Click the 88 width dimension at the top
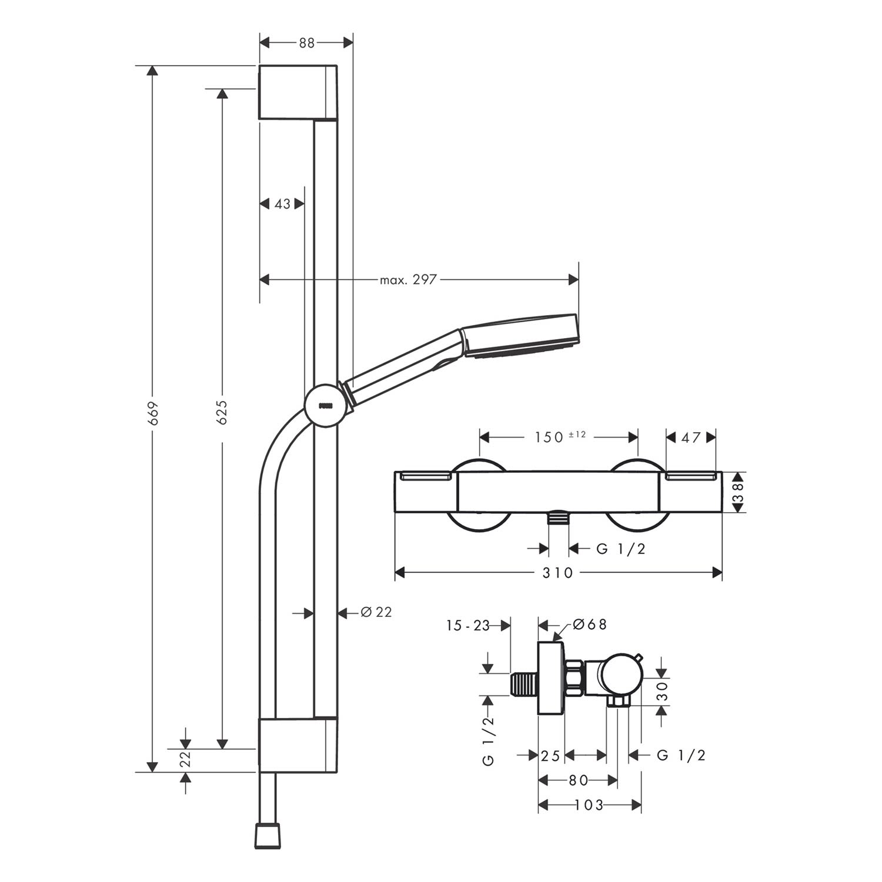click(306, 42)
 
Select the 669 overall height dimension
click(153, 413)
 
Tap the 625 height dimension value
click(222, 413)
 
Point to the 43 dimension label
click(283, 203)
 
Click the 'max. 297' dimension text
click(408, 280)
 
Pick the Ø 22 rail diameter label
click(376, 613)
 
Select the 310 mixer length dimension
click(557, 573)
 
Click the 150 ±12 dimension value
click(560, 437)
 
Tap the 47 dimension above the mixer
click(691, 437)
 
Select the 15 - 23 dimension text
click(468, 626)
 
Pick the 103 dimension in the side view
click(590, 804)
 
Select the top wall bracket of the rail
click(298, 92)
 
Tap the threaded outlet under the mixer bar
click(558, 517)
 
